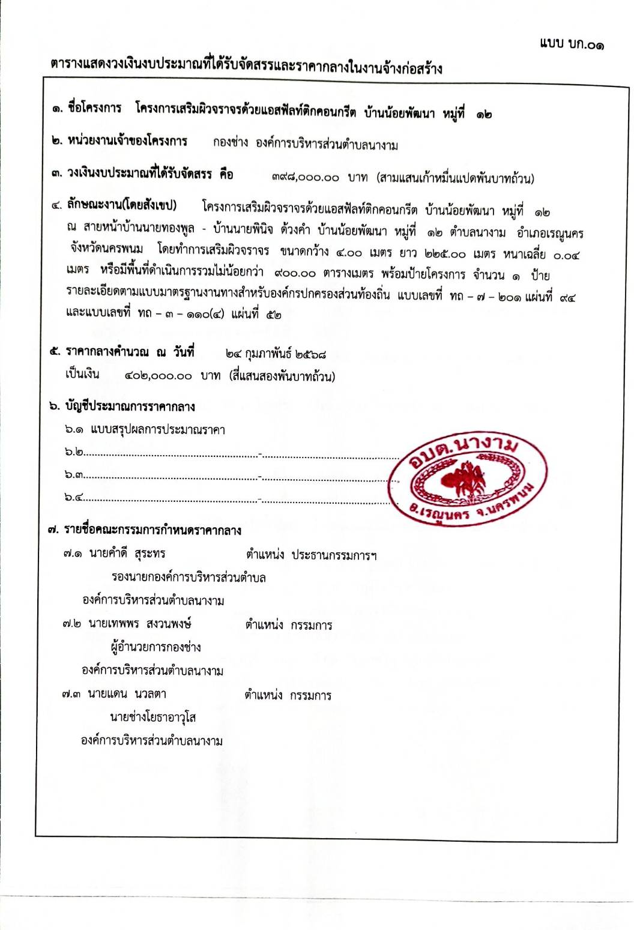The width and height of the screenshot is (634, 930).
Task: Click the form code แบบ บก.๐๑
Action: pyautogui.click(x=572, y=43)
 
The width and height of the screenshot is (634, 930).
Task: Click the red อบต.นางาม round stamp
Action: pyautogui.click(x=471, y=479)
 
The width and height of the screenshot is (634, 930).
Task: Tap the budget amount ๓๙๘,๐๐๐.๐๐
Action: pyautogui.click(x=305, y=178)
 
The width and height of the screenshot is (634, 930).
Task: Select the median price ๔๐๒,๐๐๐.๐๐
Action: pyautogui.click(x=158, y=376)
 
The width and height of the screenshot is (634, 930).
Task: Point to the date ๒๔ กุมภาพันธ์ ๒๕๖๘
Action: pyautogui.click(x=276, y=354)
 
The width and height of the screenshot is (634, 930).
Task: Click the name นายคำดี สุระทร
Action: pyautogui.click(x=127, y=554)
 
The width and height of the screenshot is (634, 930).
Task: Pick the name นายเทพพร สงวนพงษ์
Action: pyautogui.click(x=139, y=624)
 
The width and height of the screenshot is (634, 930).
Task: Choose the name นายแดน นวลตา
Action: pyautogui.click(x=127, y=694)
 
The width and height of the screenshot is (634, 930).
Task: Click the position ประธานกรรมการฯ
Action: pyautogui.click(x=334, y=555)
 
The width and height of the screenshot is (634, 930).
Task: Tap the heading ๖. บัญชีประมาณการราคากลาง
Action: pyautogui.click(x=122, y=406)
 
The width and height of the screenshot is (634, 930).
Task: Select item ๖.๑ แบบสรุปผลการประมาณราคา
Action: pyautogui.click(x=145, y=429)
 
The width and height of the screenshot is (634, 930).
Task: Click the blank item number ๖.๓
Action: pyautogui.click(x=74, y=475)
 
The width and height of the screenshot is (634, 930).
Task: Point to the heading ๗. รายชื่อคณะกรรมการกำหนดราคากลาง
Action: pyautogui.click(x=145, y=530)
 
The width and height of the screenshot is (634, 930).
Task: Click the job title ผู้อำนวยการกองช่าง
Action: pyautogui.click(x=155, y=647)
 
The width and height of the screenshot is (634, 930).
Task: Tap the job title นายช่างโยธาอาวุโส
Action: pyautogui.click(x=153, y=717)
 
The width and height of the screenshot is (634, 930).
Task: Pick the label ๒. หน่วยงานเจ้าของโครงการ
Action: pyautogui.click(x=119, y=142)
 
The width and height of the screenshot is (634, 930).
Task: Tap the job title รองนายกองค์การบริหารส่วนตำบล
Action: pyautogui.click(x=189, y=577)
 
